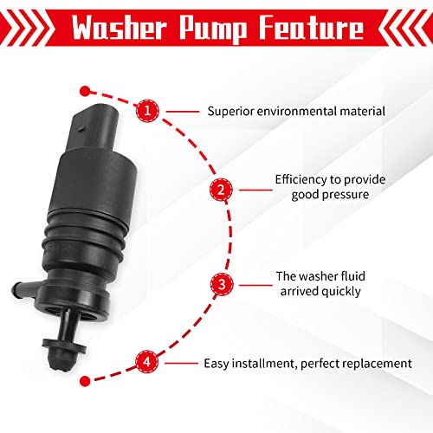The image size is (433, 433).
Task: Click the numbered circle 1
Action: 149,111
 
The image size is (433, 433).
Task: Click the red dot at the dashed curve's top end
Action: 85,89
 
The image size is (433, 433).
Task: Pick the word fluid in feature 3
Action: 339,276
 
